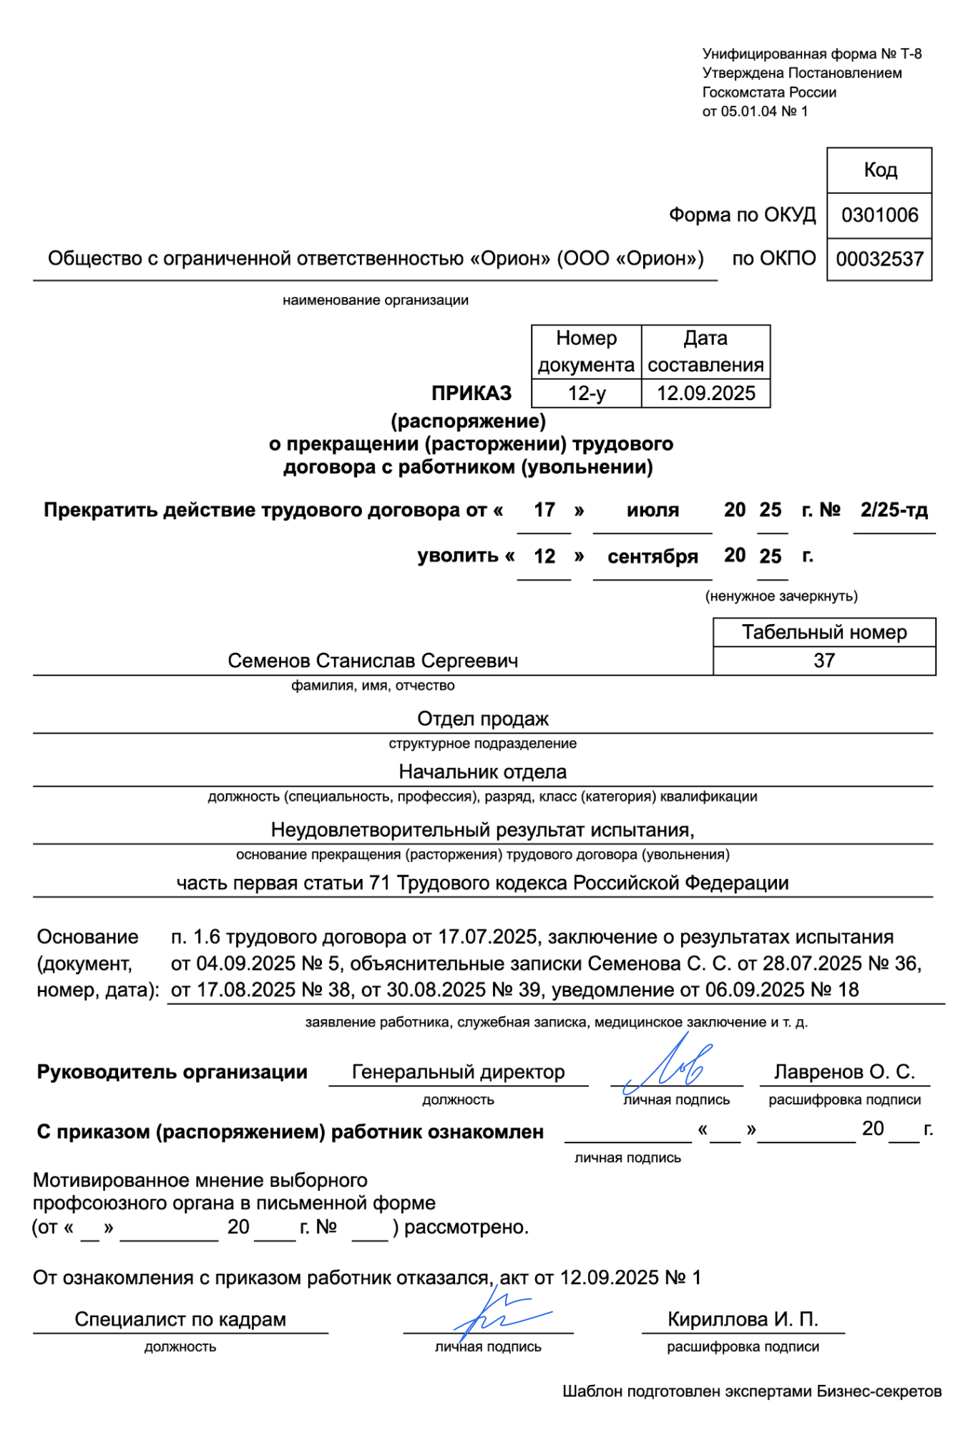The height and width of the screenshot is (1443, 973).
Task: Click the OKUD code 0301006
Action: point(879,215)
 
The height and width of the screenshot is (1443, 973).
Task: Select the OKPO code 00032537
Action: point(879,259)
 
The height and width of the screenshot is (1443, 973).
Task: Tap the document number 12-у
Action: point(587,394)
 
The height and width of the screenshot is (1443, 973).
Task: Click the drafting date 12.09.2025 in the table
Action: point(706,394)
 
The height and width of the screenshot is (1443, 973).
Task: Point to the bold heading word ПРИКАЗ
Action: point(471,394)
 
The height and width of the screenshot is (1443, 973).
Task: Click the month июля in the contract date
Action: point(652,510)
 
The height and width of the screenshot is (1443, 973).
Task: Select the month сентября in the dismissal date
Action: point(652,557)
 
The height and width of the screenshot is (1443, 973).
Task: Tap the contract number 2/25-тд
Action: point(894,510)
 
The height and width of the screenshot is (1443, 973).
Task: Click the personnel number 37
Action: point(824,661)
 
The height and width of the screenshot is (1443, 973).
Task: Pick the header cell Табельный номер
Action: point(824,633)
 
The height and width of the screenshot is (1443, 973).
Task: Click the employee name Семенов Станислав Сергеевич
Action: point(373,661)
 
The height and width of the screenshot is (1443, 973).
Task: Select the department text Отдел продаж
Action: point(483,719)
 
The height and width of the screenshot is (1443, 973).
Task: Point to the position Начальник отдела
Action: point(483,772)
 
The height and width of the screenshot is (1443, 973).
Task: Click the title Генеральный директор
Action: point(458,1072)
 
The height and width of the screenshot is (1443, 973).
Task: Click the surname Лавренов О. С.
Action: point(844,1072)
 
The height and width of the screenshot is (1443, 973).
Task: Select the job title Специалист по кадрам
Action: point(180,1319)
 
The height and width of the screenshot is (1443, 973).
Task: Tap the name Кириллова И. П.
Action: point(743,1319)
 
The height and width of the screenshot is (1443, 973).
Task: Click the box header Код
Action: point(879,170)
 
